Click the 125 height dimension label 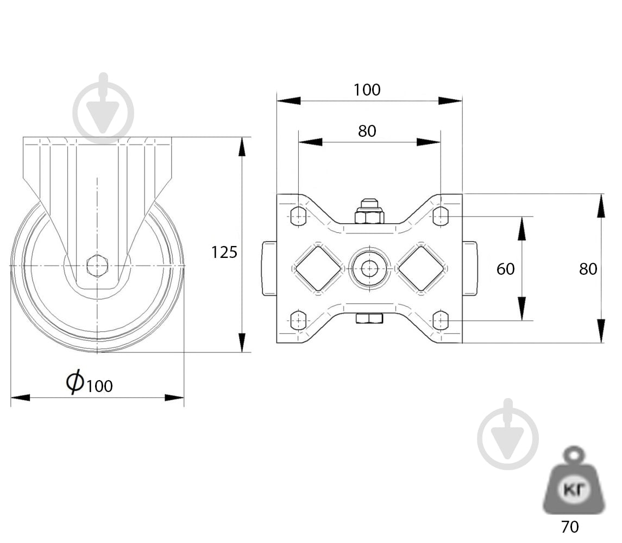(224, 252)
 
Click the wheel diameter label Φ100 (89, 382)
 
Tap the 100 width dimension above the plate (367, 90)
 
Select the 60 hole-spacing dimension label (505, 269)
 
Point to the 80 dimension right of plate (588, 269)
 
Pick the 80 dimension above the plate (367, 131)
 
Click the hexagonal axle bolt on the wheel (97, 266)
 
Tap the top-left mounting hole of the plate (298, 216)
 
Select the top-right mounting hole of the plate (441, 216)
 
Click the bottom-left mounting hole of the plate (298, 320)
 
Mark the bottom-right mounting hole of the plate (441, 320)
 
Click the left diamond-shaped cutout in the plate (318, 269)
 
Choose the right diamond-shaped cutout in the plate (421, 269)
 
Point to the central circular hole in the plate (369, 269)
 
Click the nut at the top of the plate (369, 212)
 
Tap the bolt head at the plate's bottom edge (369, 318)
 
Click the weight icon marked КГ (574, 481)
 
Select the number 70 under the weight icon (570, 527)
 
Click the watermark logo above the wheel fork (104, 108)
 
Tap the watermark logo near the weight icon (508, 434)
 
